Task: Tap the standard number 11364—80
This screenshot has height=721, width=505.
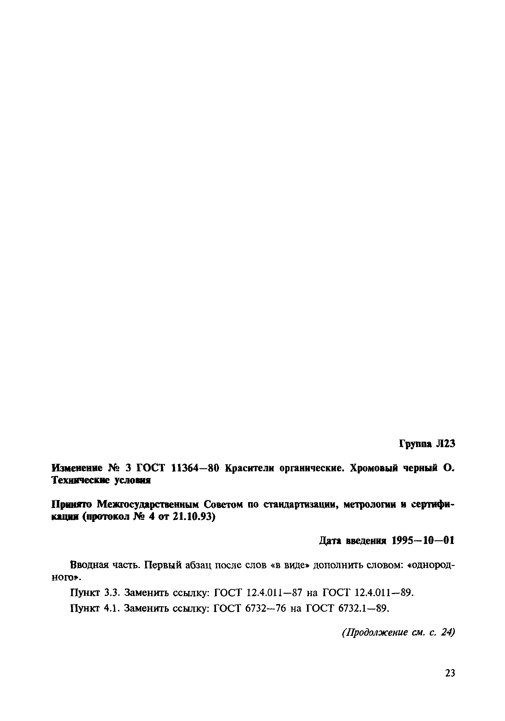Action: (x=195, y=468)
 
